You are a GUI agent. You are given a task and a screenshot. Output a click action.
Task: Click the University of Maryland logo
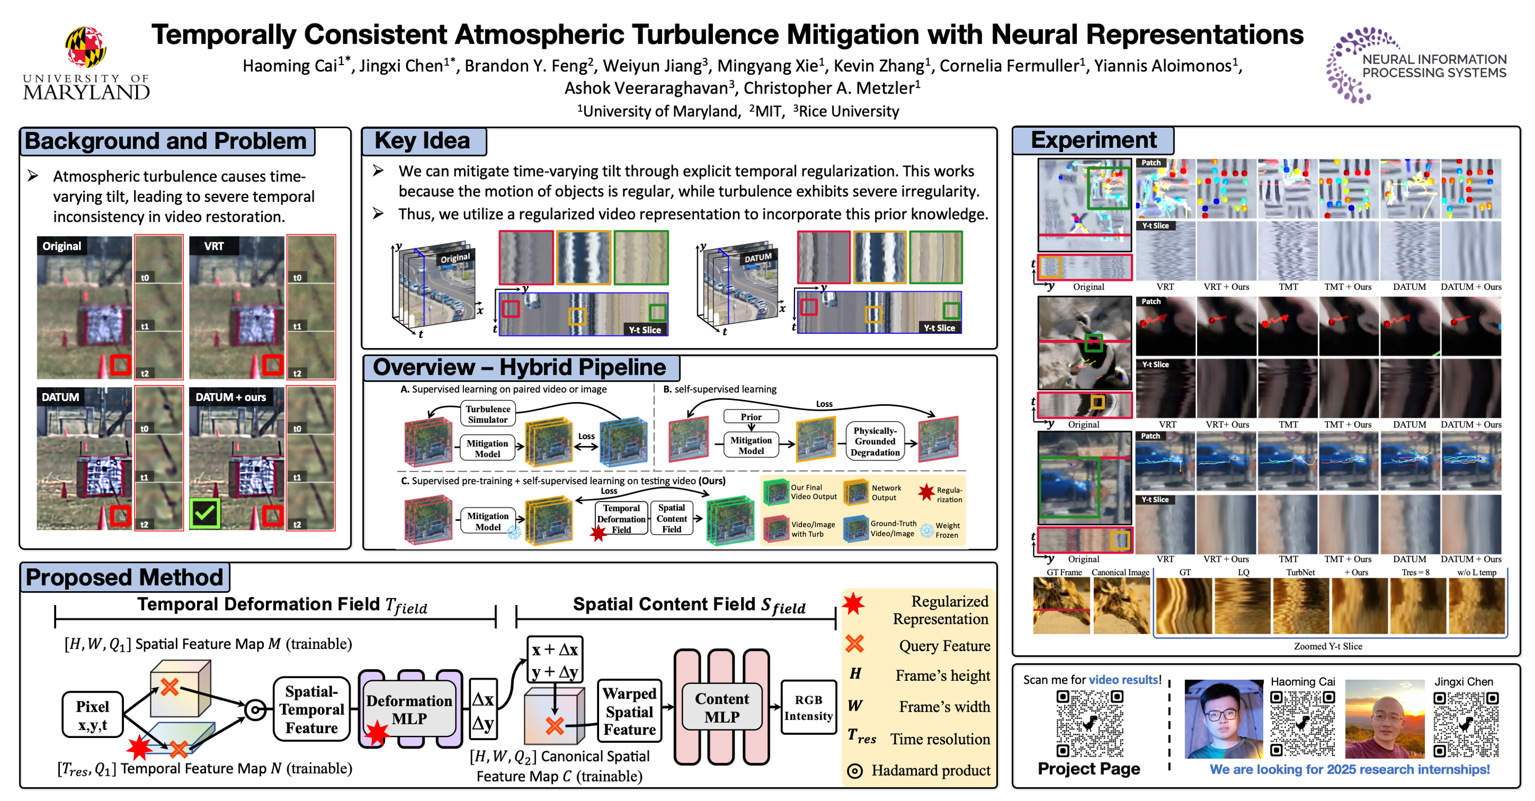pyautogui.click(x=86, y=62)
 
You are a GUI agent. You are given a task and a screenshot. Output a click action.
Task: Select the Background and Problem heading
pyautogui.click(x=166, y=142)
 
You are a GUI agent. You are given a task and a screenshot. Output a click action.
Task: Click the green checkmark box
pyautogui.click(x=204, y=513)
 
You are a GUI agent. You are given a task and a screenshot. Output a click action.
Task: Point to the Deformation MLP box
pyautogui.click(x=410, y=709)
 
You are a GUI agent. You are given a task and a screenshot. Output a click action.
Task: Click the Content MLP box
pyautogui.click(x=722, y=708)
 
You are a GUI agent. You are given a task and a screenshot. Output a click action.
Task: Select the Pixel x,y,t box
pyautogui.click(x=92, y=715)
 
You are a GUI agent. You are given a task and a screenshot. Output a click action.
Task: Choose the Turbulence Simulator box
pyautogui.click(x=487, y=414)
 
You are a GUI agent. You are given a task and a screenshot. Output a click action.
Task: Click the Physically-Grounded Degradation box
pyautogui.click(x=875, y=442)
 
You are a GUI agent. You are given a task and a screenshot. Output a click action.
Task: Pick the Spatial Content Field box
pyautogui.click(x=672, y=518)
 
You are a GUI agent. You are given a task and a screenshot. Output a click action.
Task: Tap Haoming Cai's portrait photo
pyautogui.click(x=1223, y=718)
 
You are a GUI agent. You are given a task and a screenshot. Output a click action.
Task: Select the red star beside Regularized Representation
pyautogui.click(x=853, y=604)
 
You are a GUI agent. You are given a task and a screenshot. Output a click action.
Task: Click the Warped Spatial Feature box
pyautogui.click(x=629, y=711)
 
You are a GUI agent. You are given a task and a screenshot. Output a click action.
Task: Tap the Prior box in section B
pyautogui.click(x=751, y=417)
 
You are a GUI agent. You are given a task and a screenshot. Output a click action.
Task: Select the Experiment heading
pyautogui.click(x=1093, y=140)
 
